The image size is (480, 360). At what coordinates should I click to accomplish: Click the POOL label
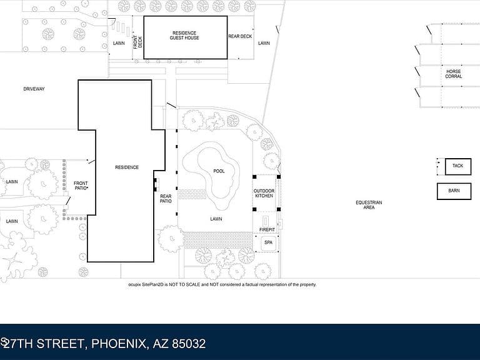tap(219, 171)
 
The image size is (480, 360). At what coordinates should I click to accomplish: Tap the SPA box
tap(269, 243)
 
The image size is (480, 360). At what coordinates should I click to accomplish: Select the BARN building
tap(454, 191)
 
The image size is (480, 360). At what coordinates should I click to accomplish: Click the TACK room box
tap(458, 166)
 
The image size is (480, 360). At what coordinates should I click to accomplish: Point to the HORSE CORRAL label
tap(453, 74)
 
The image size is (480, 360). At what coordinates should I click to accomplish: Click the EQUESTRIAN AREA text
tap(369, 205)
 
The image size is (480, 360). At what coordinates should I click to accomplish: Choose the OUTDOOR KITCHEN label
tap(264, 193)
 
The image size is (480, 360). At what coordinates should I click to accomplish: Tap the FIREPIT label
tap(267, 229)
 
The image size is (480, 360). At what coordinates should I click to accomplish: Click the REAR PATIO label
tap(166, 199)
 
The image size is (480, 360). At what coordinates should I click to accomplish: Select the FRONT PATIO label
tap(81, 186)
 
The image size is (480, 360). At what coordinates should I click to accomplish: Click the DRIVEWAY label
tap(34, 89)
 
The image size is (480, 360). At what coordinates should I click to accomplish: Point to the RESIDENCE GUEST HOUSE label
tap(184, 35)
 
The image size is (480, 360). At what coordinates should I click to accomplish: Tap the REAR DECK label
tap(240, 36)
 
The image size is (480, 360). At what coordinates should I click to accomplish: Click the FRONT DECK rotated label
tap(137, 42)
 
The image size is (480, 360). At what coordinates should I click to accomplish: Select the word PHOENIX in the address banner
tap(119, 344)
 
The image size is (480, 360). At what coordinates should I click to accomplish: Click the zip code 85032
tap(189, 344)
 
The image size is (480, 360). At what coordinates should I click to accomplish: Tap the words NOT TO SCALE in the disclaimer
tap(184, 284)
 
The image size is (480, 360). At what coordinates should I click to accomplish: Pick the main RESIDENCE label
tap(127, 167)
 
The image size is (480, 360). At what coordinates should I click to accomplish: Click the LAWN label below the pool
tap(216, 219)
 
